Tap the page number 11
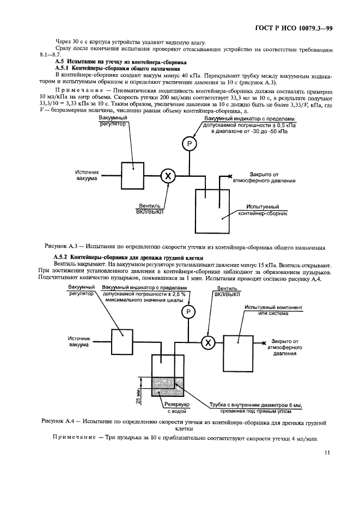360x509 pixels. coord(326,451)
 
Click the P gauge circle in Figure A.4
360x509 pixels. coord(188,311)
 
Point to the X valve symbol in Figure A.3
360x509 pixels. coord(168,176)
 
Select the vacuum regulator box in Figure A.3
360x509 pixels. coord(132,175)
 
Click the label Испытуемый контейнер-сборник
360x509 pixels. coord(263,211)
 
